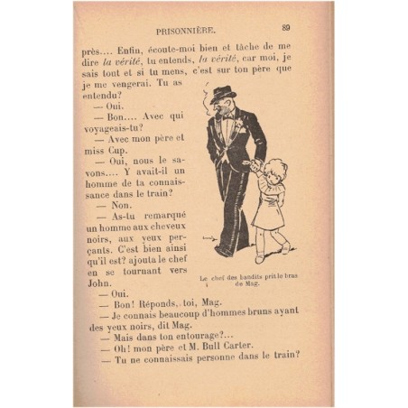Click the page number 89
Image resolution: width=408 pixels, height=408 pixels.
[284, 26]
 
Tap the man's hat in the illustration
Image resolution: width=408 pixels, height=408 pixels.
[222, 92]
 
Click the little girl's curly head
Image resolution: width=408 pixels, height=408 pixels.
[274, 171]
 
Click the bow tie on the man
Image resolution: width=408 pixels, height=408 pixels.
[227, 116]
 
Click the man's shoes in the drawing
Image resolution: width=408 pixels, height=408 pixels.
[226, 250]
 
